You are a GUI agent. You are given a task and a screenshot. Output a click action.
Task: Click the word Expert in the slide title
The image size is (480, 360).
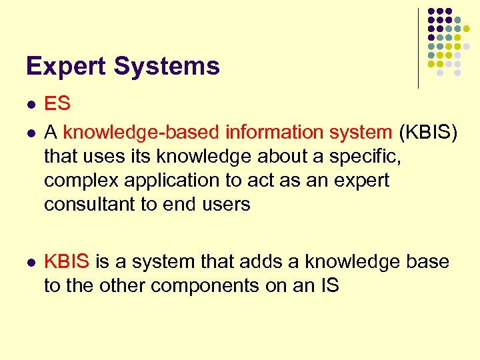pyautogui.click(x=65, y=67)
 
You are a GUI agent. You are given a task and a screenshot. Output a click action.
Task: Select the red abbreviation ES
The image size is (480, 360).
pyautogui.click(x=57, y=104)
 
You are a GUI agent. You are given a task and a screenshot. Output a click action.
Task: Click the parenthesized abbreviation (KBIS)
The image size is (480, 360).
pyautogui.click(x=428, y=133)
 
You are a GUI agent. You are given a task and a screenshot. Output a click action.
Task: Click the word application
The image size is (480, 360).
pyautogui.click(x=173, y=180)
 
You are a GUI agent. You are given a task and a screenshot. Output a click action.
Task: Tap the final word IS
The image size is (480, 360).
pyautogui.click(x=329, y=286)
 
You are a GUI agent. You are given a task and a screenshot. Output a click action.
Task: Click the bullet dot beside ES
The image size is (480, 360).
pyautogui.click(x=29, y=105)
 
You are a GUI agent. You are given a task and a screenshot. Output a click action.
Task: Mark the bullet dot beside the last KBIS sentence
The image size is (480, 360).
pyautogui.click(x=29, y=263)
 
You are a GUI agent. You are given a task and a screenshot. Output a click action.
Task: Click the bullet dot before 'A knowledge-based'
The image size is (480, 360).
pyautogui.click(x=29, y=133)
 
